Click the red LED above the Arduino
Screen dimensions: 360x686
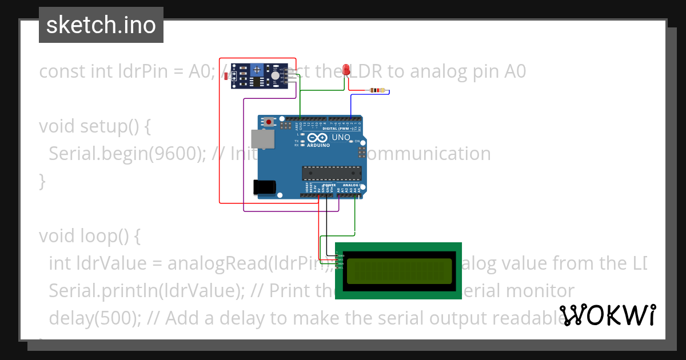coord(346,70)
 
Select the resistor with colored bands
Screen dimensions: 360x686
coord(377,90)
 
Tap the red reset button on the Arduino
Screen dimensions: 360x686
coord(269,122)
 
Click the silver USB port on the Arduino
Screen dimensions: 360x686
coord(262,139)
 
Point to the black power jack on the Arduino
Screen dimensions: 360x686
coord(264,186)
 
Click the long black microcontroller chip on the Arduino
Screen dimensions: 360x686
coord(332,172)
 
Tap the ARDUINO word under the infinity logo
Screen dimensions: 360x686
coord(318,145)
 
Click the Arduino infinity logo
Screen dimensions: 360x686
coord(318,138)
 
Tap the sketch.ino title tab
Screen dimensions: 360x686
coord(101,25)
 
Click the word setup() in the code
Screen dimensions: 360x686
coord(108,126)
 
